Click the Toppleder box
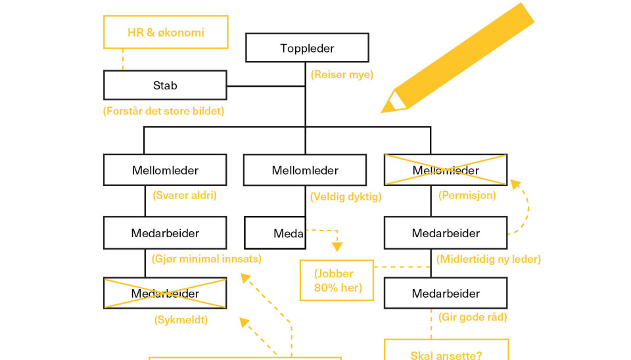(307, 48)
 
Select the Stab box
(165, 85)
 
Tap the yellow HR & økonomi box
(166, 32)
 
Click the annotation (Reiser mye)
(342, 75)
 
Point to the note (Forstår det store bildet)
(164, 111)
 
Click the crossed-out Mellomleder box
(445, 170)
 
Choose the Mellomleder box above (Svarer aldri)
(165, 170)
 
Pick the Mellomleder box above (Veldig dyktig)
(304, 170)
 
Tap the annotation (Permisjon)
(467, 195)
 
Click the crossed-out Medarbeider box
(165, 293)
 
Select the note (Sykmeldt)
(181, 321)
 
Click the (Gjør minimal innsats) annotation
(206, 259)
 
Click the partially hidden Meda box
(275, 233)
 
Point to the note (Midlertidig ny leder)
(488, 259)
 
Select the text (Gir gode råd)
(473, 317)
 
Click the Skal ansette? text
(446, 355)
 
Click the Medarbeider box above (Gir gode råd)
(445, 293)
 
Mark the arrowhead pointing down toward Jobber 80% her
(337, 247)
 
